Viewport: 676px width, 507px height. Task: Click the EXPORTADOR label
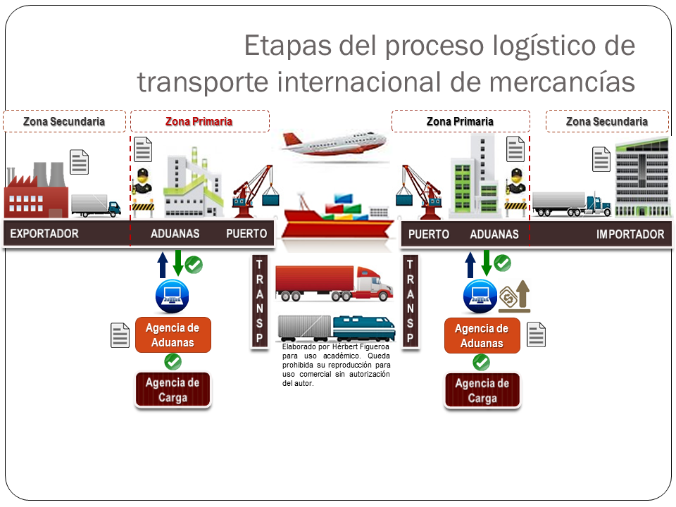click(44, 234)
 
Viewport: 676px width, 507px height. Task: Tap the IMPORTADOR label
click(630, 234)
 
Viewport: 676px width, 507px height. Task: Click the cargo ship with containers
click(339, 214)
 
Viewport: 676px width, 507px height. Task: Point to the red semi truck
click(334, 284)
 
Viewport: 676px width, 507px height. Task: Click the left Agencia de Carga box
click(173, 390)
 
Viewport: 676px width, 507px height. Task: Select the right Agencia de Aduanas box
click(482, 336)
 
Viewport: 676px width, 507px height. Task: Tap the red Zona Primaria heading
click(199, 121)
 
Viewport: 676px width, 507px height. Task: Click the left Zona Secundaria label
click(64, 121)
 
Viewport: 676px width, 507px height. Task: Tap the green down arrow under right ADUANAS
click(487, 263)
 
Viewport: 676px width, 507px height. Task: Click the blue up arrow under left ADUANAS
click(163, 264)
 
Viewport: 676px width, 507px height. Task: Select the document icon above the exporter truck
click(80, 162)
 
